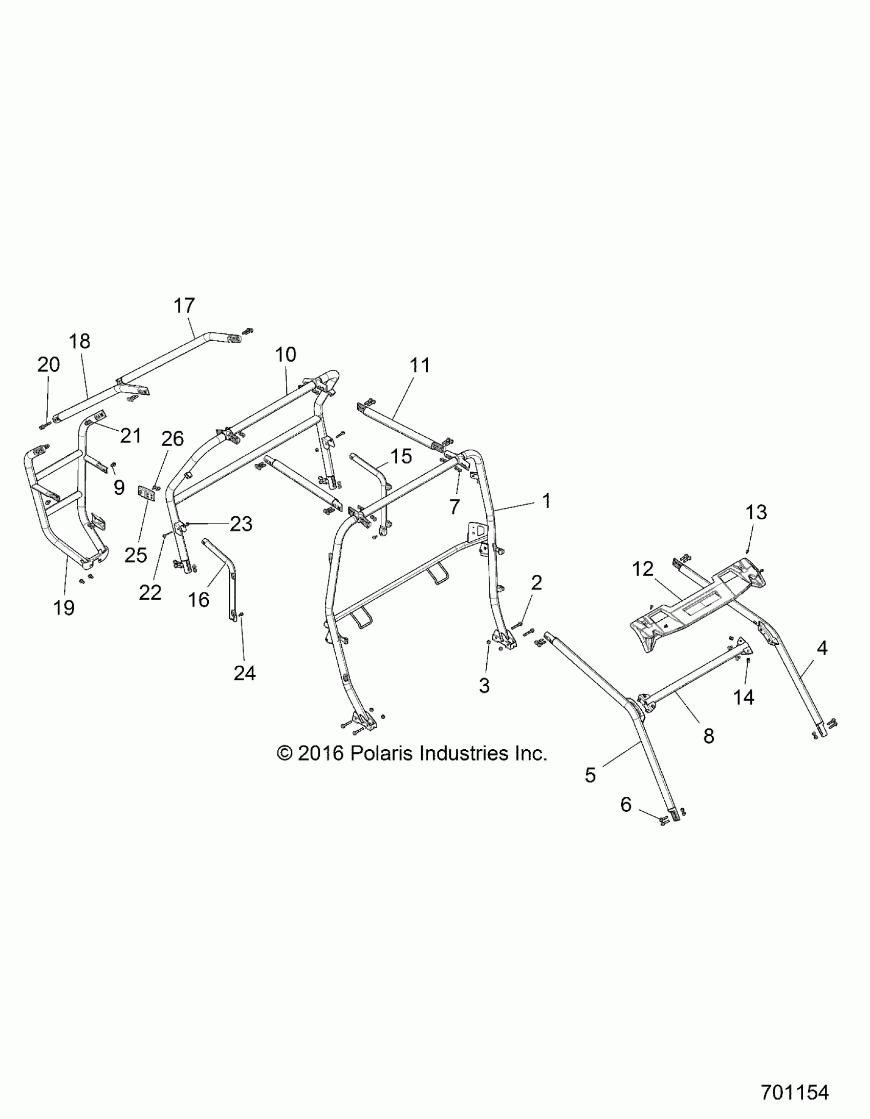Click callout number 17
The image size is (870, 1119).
click(184, 305)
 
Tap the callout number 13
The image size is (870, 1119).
click(756, 512)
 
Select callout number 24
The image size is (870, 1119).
click(244, 673)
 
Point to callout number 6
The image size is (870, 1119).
click(626, 805)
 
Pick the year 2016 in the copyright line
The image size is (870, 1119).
click(320, 753)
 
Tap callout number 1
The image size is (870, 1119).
click(547, 500)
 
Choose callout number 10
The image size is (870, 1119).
click(285, 354)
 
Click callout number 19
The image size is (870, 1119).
click(63, 608)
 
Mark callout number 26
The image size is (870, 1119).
click(172, 438)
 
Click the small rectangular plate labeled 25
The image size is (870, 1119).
click(147, 494)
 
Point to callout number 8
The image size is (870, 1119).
click(708, 736)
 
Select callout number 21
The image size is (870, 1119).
click(130, 435)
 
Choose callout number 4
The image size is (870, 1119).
click(821, 648)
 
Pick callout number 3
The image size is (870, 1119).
click(484, 685)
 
